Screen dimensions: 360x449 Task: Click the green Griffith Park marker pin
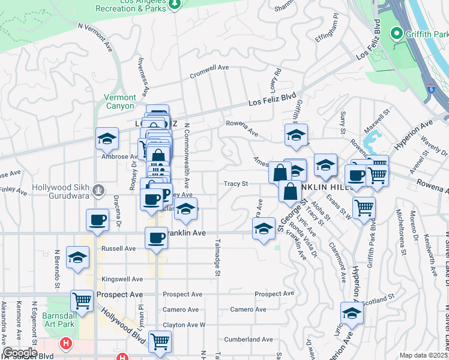[396, 34]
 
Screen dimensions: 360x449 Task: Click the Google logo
[20, 353]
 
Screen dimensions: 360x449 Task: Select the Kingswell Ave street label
[122, 279]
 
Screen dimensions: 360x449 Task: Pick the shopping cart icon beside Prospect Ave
[82, 300]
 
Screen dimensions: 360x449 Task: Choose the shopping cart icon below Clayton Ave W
[160, 341]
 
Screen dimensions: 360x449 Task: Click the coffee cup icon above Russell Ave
[157, 238]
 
